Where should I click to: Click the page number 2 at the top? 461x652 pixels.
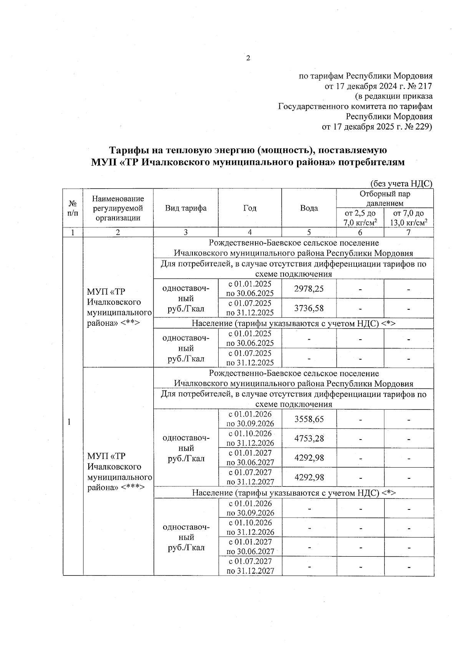248,58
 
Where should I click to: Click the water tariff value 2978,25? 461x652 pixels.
309,289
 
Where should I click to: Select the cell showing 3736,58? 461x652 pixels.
309,308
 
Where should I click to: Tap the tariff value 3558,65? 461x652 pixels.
309,419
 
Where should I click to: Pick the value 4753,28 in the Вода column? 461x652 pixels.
309,438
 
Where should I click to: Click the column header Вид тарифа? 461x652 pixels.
186,208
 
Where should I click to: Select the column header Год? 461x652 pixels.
250,208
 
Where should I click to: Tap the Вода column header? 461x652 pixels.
309,208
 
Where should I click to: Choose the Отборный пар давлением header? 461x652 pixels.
385,198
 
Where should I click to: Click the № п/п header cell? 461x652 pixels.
73,208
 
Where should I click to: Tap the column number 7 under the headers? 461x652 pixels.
408,232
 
